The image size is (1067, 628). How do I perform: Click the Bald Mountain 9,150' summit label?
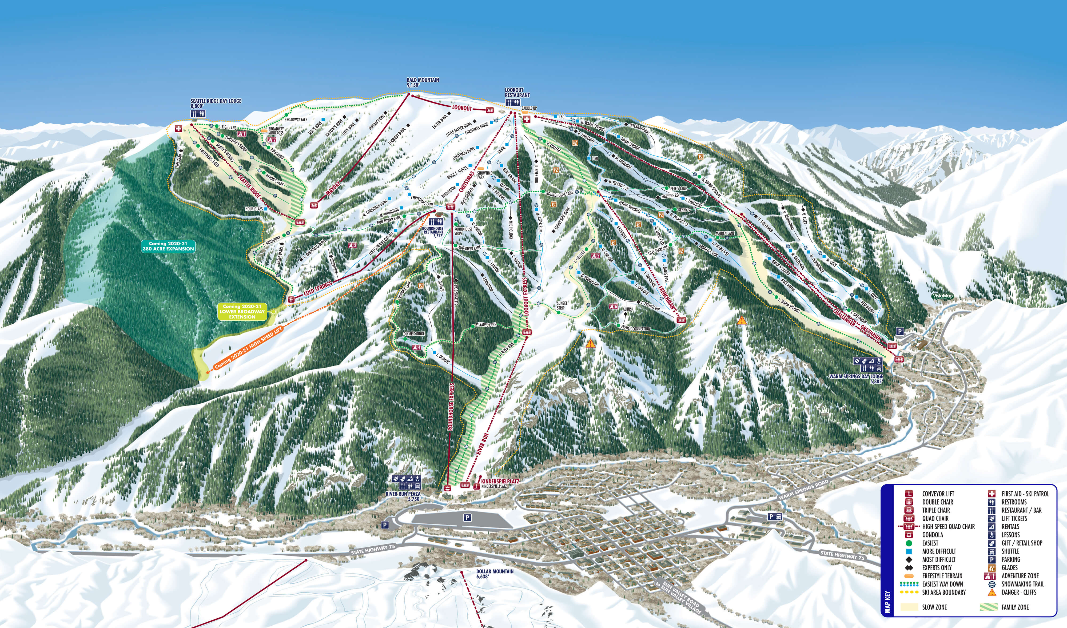coord(423,82)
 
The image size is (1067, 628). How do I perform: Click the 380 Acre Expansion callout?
coord(168,246)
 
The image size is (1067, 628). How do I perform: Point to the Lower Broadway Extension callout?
coord(242,311)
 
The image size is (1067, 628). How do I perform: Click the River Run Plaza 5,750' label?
coord(403,496)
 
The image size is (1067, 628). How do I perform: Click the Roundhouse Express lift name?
coord(451,407)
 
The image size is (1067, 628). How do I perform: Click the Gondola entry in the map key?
coord(932,535)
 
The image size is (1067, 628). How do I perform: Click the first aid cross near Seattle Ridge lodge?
coord(178,128)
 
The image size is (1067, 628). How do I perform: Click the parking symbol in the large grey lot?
coord(467,518)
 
